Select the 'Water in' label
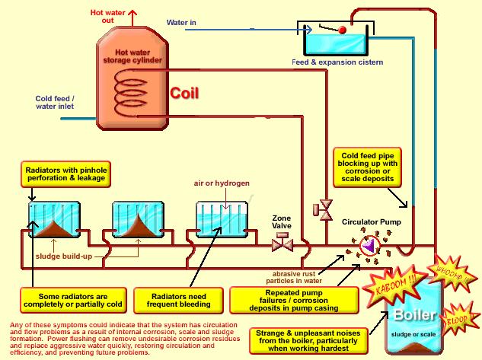coord(182,23)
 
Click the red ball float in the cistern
coord(342,30)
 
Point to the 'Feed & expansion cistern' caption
coord(337,62)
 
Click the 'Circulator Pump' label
coord(371,222)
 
